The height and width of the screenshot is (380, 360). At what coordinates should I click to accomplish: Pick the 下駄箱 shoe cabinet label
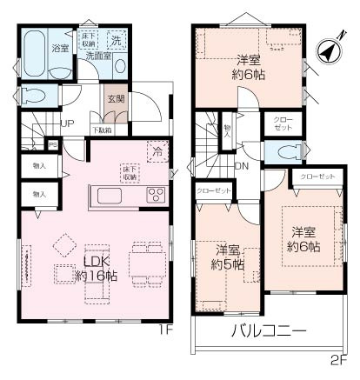click(102, 130)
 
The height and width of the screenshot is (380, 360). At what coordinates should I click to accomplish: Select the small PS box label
click(53, 145)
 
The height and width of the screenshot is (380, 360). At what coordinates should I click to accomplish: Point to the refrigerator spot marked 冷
click(157, 149)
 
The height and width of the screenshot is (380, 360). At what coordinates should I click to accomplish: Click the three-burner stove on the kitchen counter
click(156, 193)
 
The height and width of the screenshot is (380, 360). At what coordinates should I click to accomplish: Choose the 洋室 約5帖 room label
click(228, 257)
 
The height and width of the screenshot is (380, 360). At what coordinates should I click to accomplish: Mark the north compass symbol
click(327, 51)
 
